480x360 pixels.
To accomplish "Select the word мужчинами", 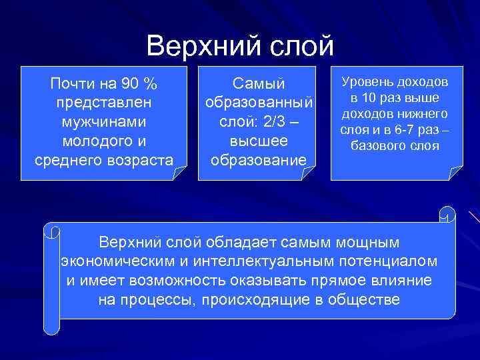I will coord(103,123).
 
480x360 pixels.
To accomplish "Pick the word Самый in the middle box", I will coord(258,85).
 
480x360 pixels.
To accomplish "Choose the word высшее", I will coord(258,141).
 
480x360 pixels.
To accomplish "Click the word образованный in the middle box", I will coord(258,104).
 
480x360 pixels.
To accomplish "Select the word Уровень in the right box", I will coord(367,82).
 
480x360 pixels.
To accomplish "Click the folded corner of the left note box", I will coord(179,173).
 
